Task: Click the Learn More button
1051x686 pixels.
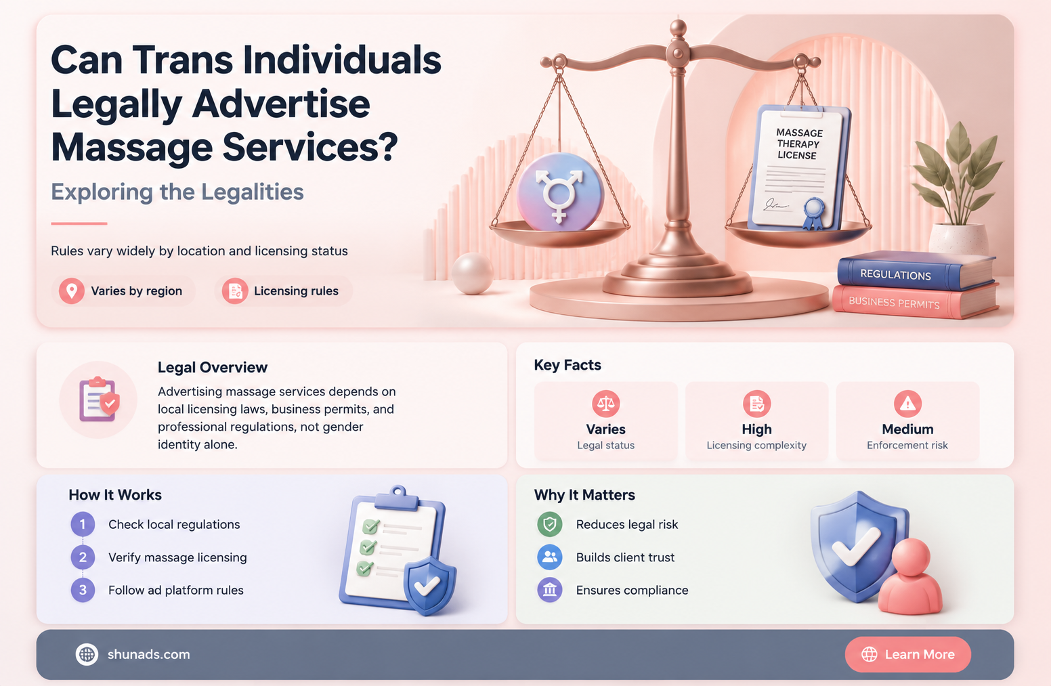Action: pos(907,654)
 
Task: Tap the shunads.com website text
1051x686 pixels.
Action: pos(149,654)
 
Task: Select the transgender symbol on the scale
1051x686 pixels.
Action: pos(559,193)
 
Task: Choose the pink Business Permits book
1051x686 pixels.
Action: pos(914,302)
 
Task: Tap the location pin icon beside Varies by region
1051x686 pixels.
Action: pos(71,291)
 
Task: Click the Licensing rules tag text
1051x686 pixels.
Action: pos(296,291)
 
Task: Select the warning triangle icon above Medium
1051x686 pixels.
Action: pos(907,404)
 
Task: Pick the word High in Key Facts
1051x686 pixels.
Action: pos(756,429)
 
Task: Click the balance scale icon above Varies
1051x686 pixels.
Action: pos(605,404)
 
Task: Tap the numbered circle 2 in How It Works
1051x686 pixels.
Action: pos(83,557)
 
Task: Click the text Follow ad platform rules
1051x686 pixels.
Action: pos(176,590)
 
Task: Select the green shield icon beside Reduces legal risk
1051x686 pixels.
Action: pos(549,524)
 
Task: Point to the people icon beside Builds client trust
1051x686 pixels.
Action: pos(549,557)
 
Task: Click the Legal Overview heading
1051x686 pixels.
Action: pos(213,368)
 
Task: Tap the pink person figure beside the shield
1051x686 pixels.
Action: pos(910,577)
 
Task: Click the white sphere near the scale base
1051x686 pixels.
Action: pos(473,274)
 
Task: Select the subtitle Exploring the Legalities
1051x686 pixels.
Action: pos(177,192)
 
